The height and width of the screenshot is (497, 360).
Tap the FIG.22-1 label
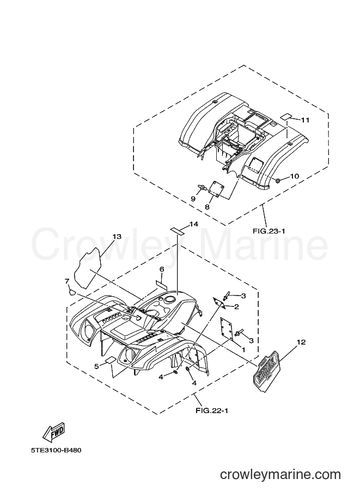[x=211, y=411]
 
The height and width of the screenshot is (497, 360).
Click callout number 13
[x=117, y=237]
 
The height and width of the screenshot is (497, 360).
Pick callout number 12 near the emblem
[x=301, y=342]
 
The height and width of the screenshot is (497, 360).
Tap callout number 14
[x=194, y=224]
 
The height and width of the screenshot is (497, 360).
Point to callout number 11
[x=305, y=120]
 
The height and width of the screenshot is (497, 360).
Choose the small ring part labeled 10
[x=278, y=181]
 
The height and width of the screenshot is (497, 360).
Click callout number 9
[x=193, y=199]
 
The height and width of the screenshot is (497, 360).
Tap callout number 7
[x=67, y=281]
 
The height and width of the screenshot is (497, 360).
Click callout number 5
[x=96, y=366]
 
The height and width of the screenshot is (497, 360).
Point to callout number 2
[x=236, y=307]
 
